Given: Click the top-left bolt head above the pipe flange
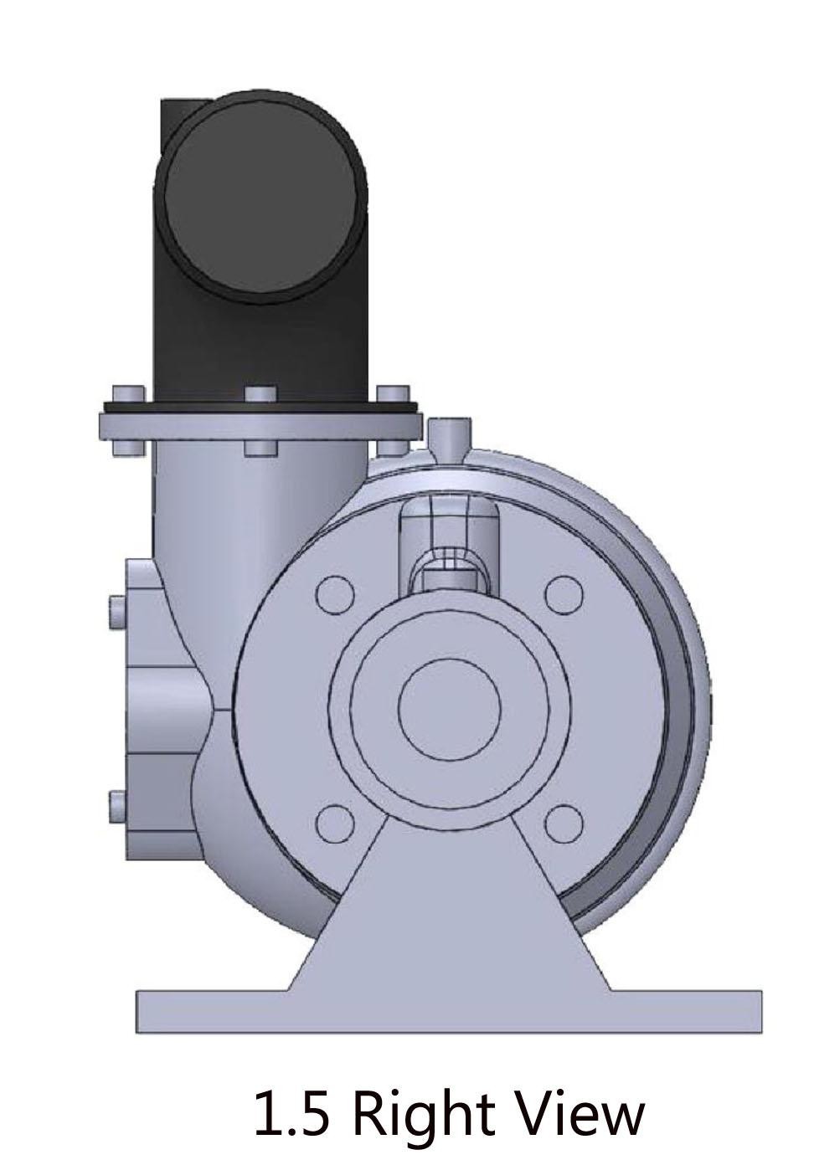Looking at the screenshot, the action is point(129,393).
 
